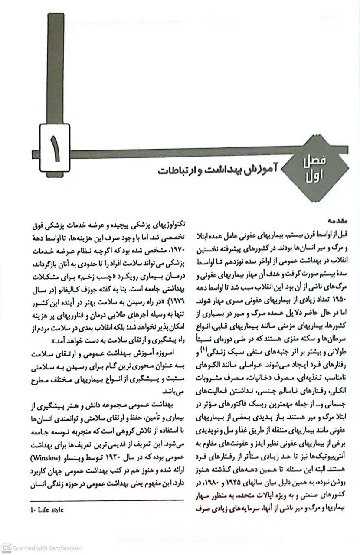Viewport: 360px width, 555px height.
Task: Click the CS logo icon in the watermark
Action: point(6,548)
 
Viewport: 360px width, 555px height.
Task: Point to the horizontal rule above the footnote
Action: point(108,499)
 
